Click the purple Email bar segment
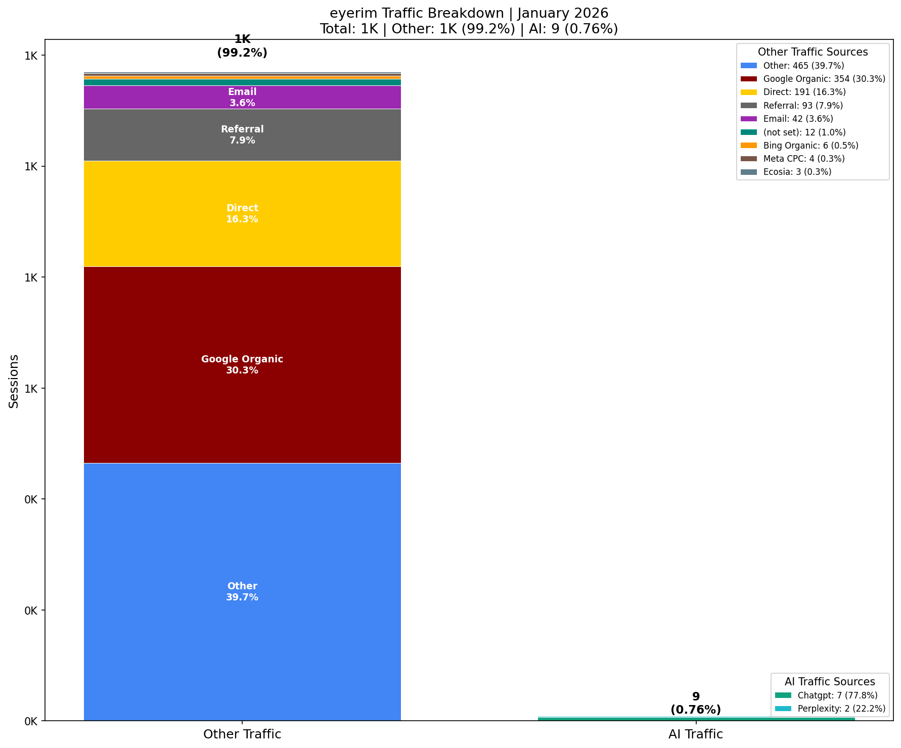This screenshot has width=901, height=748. (242, 98)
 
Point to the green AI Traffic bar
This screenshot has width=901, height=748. (696, 719)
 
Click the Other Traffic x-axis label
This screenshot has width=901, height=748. (242, 734)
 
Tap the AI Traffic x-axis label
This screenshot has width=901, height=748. (696, 734)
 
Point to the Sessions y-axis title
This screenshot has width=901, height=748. (14, 381)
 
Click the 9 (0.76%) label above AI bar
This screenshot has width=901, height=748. (696, 703)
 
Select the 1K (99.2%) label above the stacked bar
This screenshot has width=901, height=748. (242, 46)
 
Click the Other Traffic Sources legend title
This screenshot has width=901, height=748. (813, 52)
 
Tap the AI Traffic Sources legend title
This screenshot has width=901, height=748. (830, 682)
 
